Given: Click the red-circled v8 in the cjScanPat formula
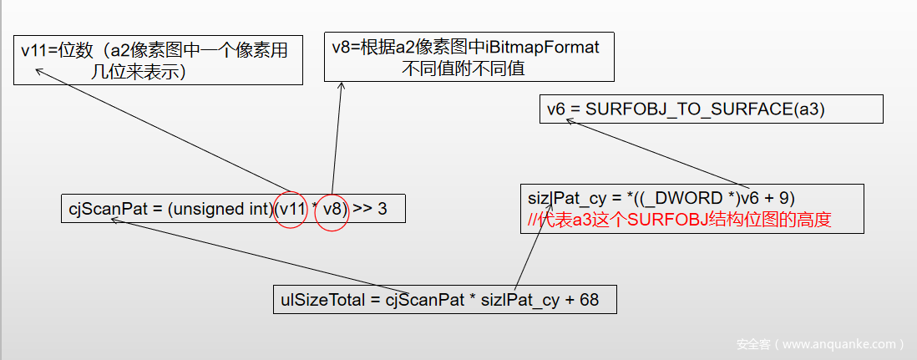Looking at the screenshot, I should click(332, 209).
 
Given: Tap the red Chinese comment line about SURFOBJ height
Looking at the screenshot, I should click(681, 220).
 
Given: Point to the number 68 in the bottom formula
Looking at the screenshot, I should click(589, 299).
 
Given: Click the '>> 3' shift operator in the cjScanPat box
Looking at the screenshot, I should click(370, 209).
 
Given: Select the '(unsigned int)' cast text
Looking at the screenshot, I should click(220, 209).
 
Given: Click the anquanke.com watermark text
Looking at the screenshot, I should click(821, 343).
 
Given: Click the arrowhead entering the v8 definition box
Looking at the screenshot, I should click(341, 84).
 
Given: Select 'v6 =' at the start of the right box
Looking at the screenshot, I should click(563, 109).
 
